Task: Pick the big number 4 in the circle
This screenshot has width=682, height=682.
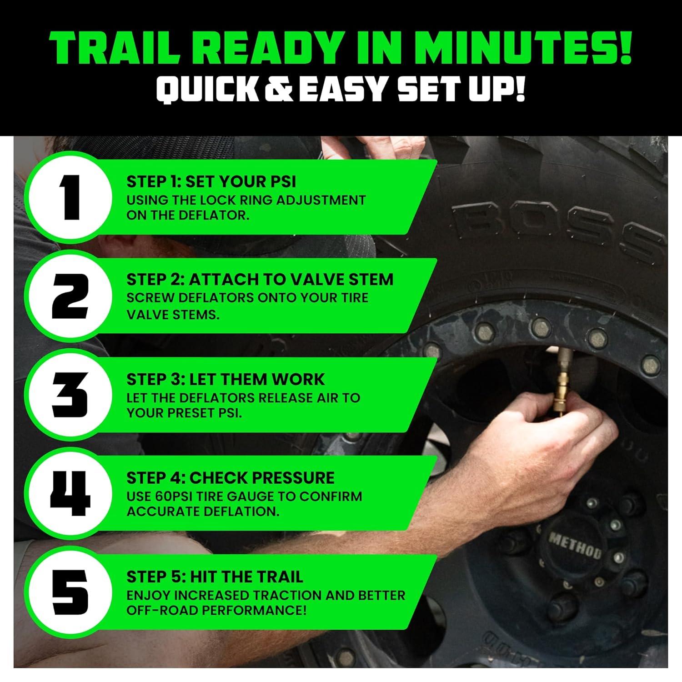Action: pyautogui.click(x=70, y=493)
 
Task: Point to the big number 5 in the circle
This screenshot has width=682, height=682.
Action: pyautogui.click(x=70, y=592)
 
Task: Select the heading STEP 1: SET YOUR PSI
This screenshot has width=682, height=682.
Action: pyautogui.click(x=211, y=181)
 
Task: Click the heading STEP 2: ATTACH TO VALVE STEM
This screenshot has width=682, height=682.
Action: pyautogui.click(x=260, y=279)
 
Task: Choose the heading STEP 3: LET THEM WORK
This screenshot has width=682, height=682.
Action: pyautogui.click(x=226, y=379)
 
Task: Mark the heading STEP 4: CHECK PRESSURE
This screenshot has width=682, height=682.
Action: pyautogui.click(x=230, y=478)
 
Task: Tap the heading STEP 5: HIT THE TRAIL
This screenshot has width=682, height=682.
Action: pyautogui.click(x=215, y=577)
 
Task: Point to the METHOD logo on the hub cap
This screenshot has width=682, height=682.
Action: pyautogui.click(x=575, y=546)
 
